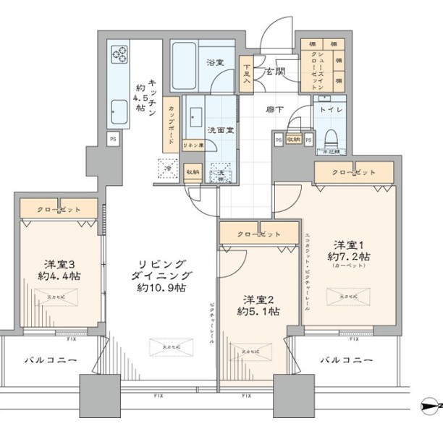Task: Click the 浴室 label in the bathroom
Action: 214,63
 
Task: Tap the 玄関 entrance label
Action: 274,72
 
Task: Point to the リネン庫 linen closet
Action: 193,145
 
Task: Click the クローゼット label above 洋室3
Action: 59,210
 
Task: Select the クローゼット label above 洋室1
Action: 354,172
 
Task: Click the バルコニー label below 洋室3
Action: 51,359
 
